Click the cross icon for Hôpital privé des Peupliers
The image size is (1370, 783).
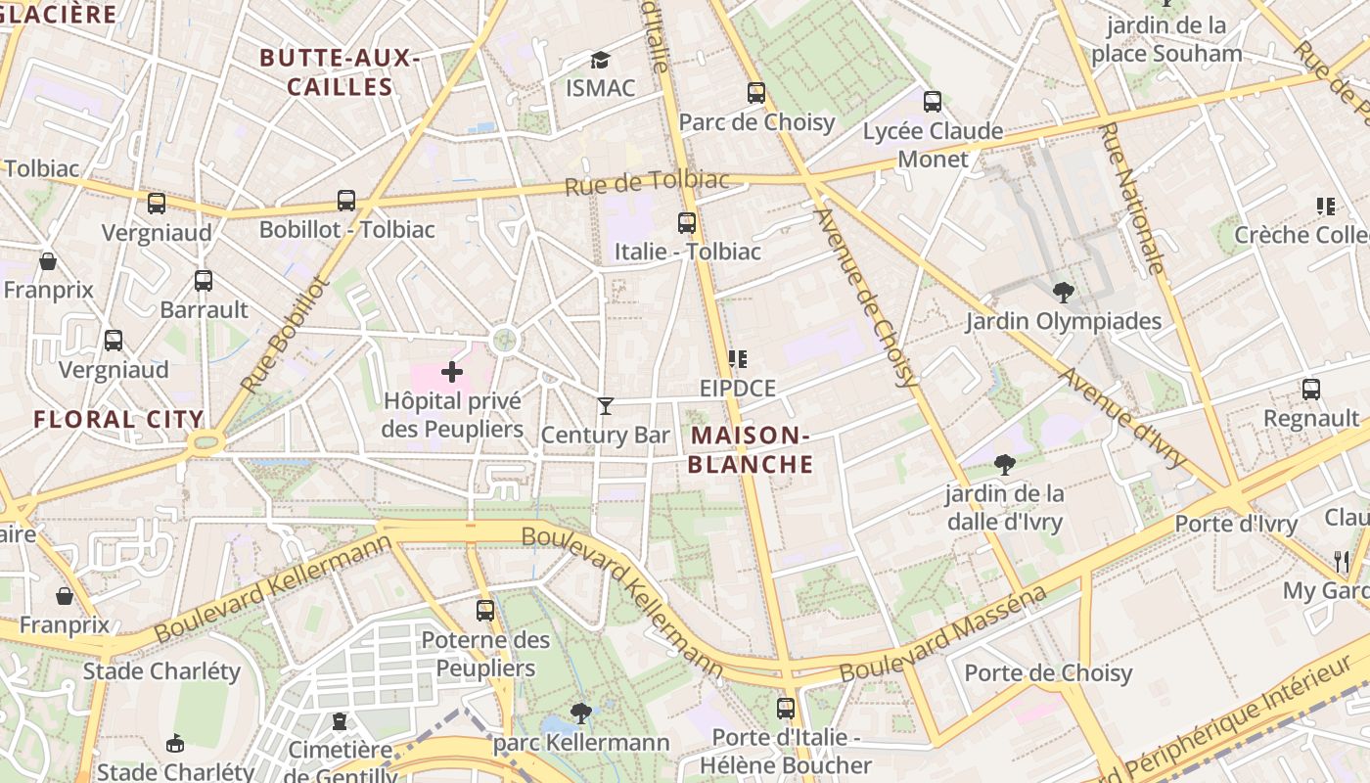(x=451, y=372)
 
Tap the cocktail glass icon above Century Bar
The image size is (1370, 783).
(x=606, y=405)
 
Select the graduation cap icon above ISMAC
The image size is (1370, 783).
(x=600, y=61)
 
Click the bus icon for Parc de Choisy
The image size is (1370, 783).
(x=756, y=93)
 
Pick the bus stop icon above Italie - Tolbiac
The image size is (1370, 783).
(x=687, y=222)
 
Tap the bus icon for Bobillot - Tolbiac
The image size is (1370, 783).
(x=346, y=200)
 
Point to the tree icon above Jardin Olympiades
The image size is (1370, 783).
(x=1063, y=292)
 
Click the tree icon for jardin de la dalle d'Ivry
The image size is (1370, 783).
(x=1004, y=464)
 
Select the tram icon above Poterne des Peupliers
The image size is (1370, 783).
(x=485, y=610)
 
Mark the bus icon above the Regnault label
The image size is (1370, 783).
(x=1311, y=389)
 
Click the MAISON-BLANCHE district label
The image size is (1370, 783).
(x=750, y=449)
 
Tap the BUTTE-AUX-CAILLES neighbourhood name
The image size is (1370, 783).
(x=341, y=72)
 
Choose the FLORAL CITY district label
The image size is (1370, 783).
(x=118, y=420)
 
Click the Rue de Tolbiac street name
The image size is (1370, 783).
(x=648, y=182)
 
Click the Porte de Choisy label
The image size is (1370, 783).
(x=1048, y=673)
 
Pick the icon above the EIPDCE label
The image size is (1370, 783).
(x=737, y=359)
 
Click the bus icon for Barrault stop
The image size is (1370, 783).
(x=204, y=281)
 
